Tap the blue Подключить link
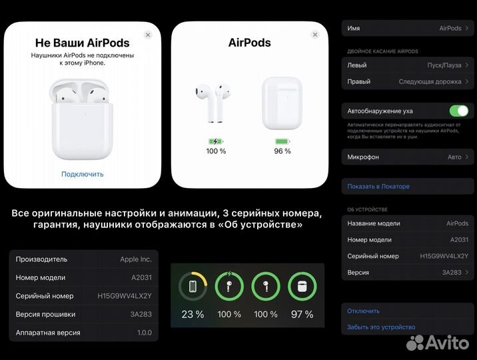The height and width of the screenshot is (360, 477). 83,174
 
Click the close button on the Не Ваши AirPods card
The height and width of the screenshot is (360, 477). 148,35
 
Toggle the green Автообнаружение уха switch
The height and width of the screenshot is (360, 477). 459,111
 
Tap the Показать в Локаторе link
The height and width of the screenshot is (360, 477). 378,187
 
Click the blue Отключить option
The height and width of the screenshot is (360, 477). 364,311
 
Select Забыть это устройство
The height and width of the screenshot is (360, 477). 381,327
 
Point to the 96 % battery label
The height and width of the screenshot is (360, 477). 282,151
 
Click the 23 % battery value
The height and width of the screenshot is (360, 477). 193,314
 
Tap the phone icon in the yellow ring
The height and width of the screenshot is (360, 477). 193,287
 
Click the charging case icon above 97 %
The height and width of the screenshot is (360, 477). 302,287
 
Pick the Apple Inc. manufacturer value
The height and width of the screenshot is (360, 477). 136,259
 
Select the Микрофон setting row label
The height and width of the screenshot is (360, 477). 363,157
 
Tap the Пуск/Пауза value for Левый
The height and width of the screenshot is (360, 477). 444,65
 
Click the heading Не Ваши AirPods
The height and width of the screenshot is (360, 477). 83,43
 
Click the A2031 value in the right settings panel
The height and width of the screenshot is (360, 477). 459,239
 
